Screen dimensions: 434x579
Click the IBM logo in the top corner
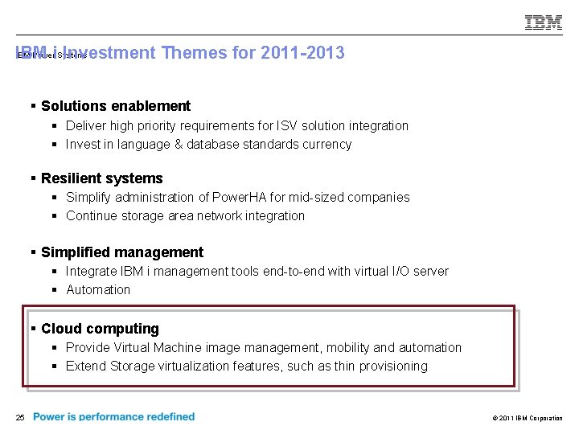pyautogui.click(x=544, y=23)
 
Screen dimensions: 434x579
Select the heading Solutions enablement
pyautogui.click(x=116, y=106)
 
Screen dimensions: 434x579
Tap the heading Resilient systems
pyautogui.click(x=101, y=178)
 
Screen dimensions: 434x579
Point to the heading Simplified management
pyautogui.click(x=122, y=252)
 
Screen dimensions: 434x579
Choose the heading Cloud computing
pyautogui.click(x=100, y=329)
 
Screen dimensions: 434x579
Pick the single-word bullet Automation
pyautogui.click(x=98, y=290)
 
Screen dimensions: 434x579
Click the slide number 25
pyautogui.click(x=20, y=417)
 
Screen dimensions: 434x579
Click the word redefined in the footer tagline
pyautogui.click(x=170, y=416)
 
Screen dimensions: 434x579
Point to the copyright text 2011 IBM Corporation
pyautogui.click(x=527, y=418)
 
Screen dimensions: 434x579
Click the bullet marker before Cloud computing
pyautogui.click(x=33, y=329)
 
